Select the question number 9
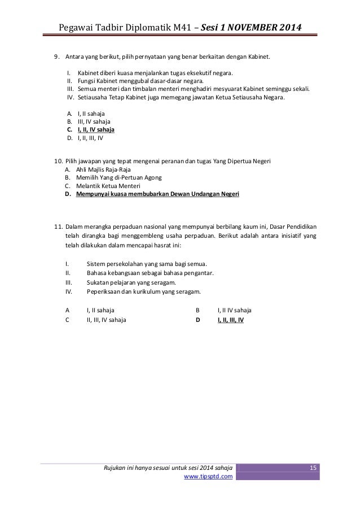55,57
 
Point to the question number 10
57,162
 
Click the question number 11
57,226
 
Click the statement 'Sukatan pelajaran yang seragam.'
131,282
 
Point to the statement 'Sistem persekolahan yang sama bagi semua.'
147,263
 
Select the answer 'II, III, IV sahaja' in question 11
106,319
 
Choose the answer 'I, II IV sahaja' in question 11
234,310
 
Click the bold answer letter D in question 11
197,319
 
